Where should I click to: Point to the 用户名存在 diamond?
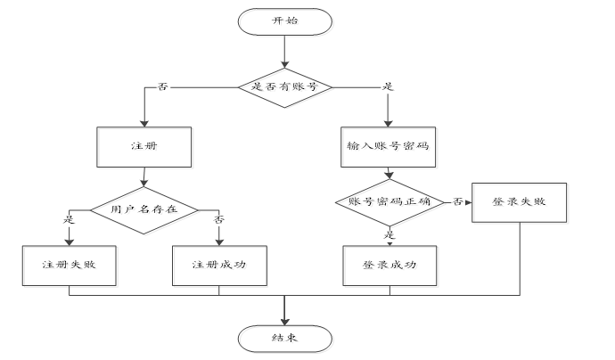143,209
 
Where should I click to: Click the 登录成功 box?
389,265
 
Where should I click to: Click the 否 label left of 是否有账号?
162,87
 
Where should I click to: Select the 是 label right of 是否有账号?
388,87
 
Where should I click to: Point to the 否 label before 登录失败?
457,202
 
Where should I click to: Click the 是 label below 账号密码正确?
389,234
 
